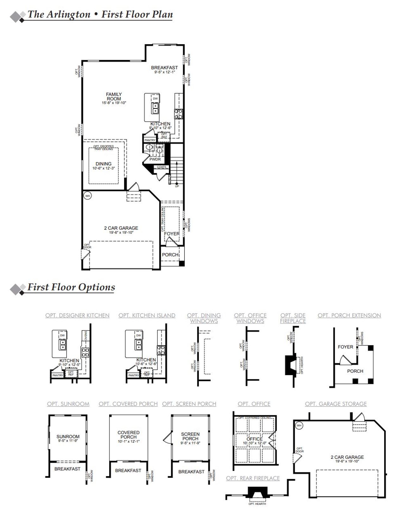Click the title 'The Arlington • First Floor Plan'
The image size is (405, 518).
tap(100, 15)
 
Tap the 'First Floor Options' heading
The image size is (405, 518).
tap(71, 287)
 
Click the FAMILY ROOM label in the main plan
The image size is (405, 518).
tap(114, 97)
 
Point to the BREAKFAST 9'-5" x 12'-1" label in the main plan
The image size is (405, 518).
tap(164, 69)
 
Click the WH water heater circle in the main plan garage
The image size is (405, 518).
tap(88, 196)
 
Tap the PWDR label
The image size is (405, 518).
tap(155, 159)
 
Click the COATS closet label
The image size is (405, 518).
tap(161, 167)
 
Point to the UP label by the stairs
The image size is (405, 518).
tap(177, 186)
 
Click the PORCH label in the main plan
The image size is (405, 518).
tap(170, 255)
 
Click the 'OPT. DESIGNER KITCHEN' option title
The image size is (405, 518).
tap(77, 315)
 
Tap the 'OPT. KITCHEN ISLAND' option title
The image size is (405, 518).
tap(147, 315)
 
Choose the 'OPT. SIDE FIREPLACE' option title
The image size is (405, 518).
tap(293, 318)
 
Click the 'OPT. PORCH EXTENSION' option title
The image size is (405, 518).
tap(349, 315)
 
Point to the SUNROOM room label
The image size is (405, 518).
tap(68, 437)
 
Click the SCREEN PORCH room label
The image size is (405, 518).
tap(190, 436)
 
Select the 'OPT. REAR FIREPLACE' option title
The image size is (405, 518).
tap(253, 478)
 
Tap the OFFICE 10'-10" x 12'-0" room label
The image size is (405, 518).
tap(255, 440)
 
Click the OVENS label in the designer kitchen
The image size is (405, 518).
tap(86, 335)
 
